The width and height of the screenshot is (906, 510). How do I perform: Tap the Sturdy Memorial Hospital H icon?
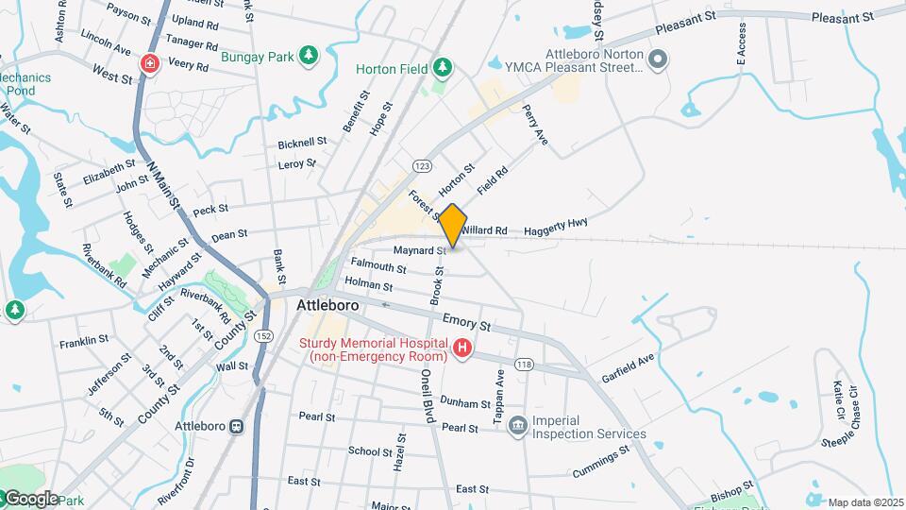[462, 349]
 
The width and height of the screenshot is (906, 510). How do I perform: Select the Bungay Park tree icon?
[308, 56]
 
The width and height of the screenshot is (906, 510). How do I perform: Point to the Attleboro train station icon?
[236, 426]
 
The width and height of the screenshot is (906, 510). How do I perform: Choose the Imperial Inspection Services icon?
[517, 427]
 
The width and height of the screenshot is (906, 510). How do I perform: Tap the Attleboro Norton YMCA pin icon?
[659, 59]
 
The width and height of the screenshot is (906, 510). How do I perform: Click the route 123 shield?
[422, 165]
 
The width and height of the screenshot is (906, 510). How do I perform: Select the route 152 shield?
[263, 336]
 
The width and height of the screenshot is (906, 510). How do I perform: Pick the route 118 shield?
[524, 364]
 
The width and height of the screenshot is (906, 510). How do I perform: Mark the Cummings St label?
[600, 463]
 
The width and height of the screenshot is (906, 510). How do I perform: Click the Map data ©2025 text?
[865, 502]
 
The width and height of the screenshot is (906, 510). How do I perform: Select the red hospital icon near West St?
[149, 63]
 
